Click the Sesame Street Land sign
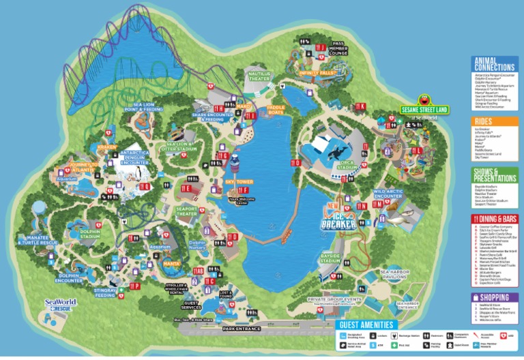(x=418, y=108)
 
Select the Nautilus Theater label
(x=259, y=75)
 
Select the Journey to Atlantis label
(x=76, y=165)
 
